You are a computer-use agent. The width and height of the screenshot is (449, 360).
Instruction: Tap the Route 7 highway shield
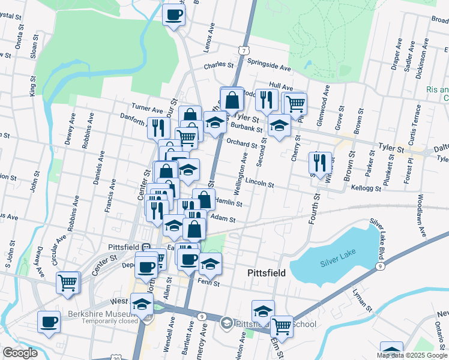[x=243, y=50]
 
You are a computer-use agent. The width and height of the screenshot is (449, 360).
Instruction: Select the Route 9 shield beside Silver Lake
[x=379, y=265]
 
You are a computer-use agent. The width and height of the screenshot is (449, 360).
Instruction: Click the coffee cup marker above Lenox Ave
[x=173, y=14]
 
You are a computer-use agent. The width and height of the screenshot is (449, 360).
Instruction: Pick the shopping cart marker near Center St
[x=68, y=281]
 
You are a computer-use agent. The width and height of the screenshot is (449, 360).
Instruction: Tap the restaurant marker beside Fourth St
[x=319, y=162]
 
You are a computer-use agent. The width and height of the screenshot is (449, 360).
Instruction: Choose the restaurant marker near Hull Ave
[x=265, y=99]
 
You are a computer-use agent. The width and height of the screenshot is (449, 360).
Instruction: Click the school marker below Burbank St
[x=278, y=127]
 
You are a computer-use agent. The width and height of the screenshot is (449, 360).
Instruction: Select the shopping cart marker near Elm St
[x=281, y=326]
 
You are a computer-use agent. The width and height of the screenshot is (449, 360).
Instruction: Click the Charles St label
[x=218, y=65]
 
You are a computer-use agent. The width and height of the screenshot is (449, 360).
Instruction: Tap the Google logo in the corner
[x=20, y=353]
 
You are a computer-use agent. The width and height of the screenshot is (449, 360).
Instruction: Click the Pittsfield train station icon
[x=146, y=247]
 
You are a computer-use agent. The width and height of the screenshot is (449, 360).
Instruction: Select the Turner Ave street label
[x=148, y=110]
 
